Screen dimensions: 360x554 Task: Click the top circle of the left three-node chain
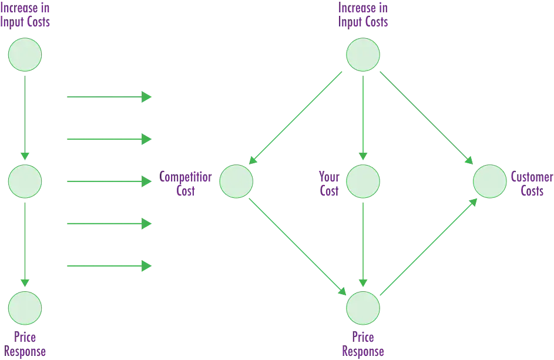25,55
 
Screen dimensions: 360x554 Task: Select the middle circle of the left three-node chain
25,181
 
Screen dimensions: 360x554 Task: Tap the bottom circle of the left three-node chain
25,307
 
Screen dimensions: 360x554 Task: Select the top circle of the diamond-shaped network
362,55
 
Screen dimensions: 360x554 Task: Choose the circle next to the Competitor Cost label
236,181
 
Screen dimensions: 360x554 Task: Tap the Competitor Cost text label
186,181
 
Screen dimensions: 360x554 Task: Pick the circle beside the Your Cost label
362,181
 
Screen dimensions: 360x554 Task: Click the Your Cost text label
325,181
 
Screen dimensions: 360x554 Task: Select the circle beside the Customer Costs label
489,181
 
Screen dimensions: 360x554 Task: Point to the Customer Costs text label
531,181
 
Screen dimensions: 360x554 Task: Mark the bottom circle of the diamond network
362,307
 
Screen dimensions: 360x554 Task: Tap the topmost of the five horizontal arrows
109,96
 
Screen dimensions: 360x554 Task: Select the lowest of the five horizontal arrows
109,266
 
